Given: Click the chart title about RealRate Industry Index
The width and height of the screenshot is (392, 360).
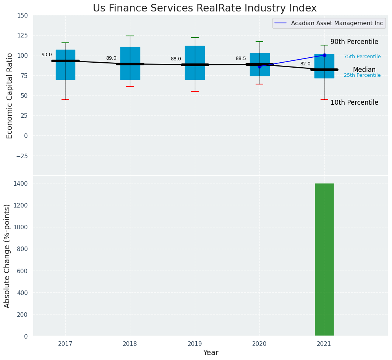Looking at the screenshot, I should click(204, 8).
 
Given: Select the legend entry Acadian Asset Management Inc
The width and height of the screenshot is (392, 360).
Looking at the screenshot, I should click(337, 23).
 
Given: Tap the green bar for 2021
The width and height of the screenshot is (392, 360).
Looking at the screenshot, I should click(324, 260).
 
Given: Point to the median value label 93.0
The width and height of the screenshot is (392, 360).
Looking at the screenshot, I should click(47, 55).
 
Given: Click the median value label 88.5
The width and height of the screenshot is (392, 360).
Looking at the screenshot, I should click(241, 58).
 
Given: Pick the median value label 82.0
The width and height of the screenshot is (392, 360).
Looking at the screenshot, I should click(305, 64).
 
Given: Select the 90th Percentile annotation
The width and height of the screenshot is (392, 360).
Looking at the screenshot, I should click(354, 42).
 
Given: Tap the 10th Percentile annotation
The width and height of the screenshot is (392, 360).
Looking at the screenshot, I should click(354, 102).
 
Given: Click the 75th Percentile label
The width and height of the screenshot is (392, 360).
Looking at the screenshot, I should click(362, 57).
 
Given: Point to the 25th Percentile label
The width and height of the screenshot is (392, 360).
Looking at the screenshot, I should click(362, 75).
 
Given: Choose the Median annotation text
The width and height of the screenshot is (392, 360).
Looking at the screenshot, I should click(364, 70).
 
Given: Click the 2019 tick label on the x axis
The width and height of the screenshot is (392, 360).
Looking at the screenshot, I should click(195, 344).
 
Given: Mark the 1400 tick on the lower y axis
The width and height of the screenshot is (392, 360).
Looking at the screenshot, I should click(21, 183).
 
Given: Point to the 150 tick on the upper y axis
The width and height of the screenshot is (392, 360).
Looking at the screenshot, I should click(23, 15).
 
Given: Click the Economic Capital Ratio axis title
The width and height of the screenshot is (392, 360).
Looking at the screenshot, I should click(10, 96).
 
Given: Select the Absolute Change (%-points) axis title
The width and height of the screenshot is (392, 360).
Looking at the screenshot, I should click(7, 256).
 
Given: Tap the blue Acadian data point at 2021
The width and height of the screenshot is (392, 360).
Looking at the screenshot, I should click(324, 55).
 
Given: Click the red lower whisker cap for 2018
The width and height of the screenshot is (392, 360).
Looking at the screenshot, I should click(130, 86).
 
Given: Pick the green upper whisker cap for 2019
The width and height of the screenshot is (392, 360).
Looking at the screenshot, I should click(195, 37).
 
